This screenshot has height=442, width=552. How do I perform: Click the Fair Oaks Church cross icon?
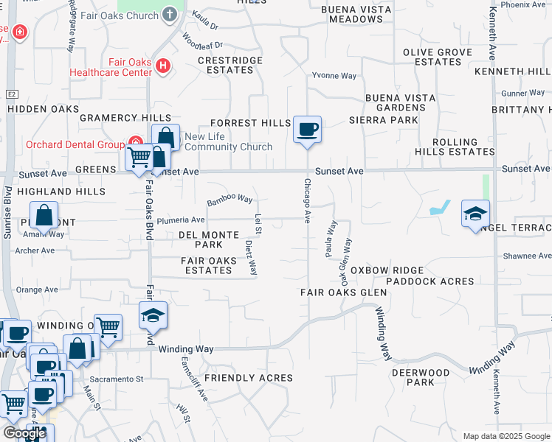pyautogui.click(x=170, y=15)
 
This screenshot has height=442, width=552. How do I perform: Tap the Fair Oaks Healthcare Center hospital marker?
pyautogui.click(x=163, y=67)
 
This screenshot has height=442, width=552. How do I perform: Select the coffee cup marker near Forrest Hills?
pyautogui.click(x=307, y=130)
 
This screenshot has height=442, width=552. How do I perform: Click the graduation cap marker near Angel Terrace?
pyautogui.click(x=475, y=214)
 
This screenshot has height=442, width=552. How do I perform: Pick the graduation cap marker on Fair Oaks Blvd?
pyautogui.click(x=153, y=315)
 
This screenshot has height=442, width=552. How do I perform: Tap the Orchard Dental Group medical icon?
pyautogui.click(x=135, y=142)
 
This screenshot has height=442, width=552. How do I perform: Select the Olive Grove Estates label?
pyautogui.click(x=433, y=57)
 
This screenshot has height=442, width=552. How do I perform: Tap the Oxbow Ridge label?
pyautogui.click(x=379, y=270)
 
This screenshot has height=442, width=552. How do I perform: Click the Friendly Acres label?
pyautogui.click(x=248, y=378)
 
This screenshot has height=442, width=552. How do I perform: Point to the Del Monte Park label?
pyautogui.click(x=209, y=239)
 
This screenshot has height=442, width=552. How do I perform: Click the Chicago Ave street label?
pyautogui.click(x=307, y=198)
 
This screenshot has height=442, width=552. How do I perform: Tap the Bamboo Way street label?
pyautogui.click(x=230, y=200)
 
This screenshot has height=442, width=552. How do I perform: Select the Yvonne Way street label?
pyautogui.click(x=334, y=76)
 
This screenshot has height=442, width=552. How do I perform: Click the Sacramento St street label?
pyautogui.click(x=122, y=379)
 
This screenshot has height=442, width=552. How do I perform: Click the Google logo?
pyautogui.click(x=24, y=433)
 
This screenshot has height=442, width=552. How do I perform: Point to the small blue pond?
pyautogui.click(x=441, y=208)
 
